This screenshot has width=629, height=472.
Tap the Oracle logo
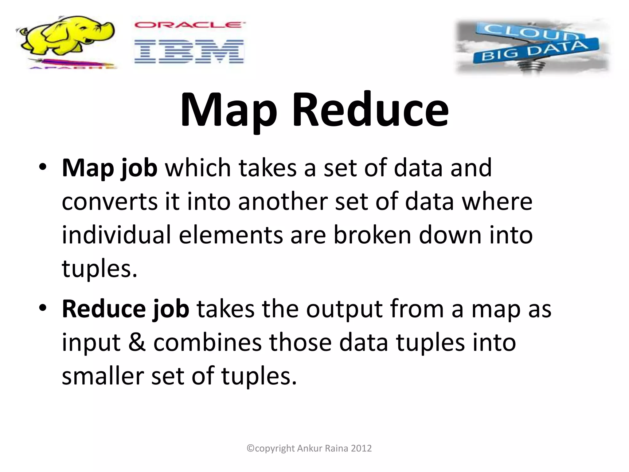click(x=189, y=25)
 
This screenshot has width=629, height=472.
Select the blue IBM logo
click(x=189, y=51)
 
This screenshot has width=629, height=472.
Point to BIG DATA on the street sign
click(x=534, y=51)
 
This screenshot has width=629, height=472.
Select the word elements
click(x=231, y=235)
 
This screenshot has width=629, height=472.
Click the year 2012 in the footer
click(x=361, y=448)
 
